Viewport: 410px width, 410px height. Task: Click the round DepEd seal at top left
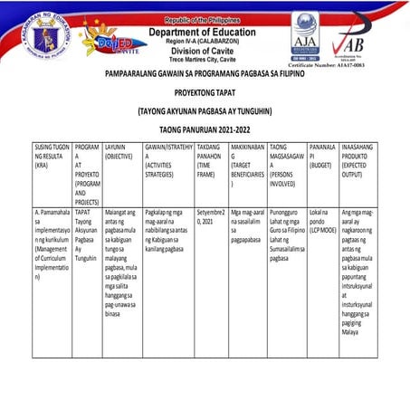tap(45, 35)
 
